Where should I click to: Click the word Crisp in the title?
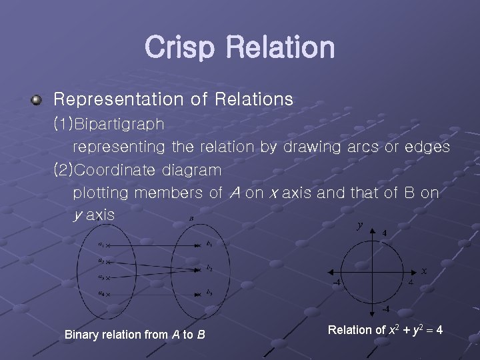click(x=179, y=48)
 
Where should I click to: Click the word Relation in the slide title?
click(x=280, y=48)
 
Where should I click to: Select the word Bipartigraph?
click(x=119, y=124)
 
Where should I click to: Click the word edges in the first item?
click(x=427, y=147)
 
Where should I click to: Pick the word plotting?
click(x=101, y=193)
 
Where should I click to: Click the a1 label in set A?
click(x=100, y=245)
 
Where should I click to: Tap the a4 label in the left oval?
click(x=100, y=293)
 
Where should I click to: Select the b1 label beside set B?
click(x=209, y=244)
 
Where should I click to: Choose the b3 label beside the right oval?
click(x=209, y=293)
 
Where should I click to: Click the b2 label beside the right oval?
click(x=209, y=269)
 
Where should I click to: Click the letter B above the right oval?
click(x=191, y=218)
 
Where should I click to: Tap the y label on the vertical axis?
click(x=359, y=225)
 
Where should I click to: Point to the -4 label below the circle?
click(x=385, y=309)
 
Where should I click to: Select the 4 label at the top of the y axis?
click(x=384, y=233)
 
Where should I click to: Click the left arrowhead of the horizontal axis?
click(x=327, y=273)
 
